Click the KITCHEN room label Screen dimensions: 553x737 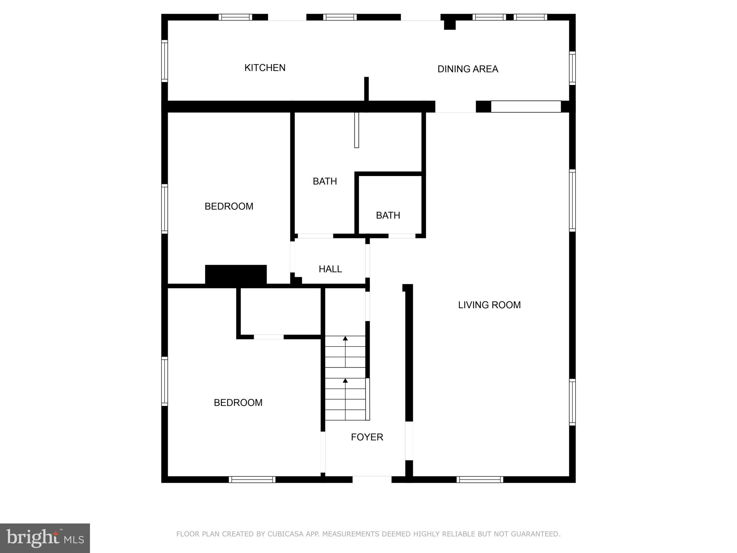[x=265, y=68]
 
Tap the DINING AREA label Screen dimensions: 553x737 [x=467, y=69]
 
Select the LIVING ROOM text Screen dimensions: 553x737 [x=489, y=305]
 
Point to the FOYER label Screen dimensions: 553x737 [x=367, y=437]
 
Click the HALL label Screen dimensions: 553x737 [x=330, y=269]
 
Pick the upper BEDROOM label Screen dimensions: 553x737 [x=229, y=206]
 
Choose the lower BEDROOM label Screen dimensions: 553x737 [x=238, y=403]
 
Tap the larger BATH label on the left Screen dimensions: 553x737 [x=325, y=181]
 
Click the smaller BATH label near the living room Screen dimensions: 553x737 [x=388, y=215]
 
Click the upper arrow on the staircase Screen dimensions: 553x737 [x=345, y=339]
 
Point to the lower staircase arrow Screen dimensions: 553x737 [x=345, y=381]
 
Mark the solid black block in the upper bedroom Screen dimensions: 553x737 [x=236, y=275]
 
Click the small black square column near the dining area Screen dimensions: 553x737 [x=449, y=24]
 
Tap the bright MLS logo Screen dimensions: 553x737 [x=45, y=538]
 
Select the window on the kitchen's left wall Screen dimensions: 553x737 [x=164, y=61]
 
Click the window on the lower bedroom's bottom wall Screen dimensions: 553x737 [x=252, y=480]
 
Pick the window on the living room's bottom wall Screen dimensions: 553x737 [x=480, y=480]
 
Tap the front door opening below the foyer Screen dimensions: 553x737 [x=372, y=480]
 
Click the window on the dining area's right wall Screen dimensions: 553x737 [x=572, y=68]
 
